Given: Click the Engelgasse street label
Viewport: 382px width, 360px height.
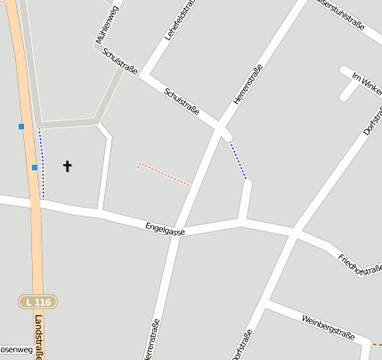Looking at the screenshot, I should coord(166,230).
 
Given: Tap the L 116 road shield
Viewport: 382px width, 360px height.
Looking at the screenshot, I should coord(38,302).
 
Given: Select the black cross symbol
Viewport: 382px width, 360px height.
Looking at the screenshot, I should coord(67,166).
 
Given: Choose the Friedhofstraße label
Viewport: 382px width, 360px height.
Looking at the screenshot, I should coord(360,266).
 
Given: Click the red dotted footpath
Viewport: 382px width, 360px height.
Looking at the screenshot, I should coord(164,174).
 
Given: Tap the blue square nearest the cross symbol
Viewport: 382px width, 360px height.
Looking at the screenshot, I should coord(35,167).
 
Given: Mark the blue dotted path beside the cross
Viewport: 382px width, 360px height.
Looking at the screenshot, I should coord(42,165).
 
